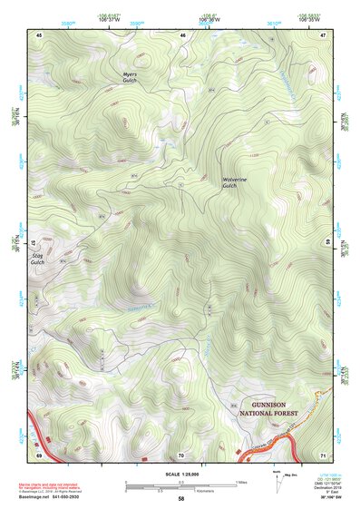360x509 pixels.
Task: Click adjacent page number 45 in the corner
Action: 40,34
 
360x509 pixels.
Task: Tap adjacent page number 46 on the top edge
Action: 183,34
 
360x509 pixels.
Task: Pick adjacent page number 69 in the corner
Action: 40,455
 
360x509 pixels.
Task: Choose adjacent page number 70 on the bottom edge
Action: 180,455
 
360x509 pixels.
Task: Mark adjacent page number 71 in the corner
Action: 322,455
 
